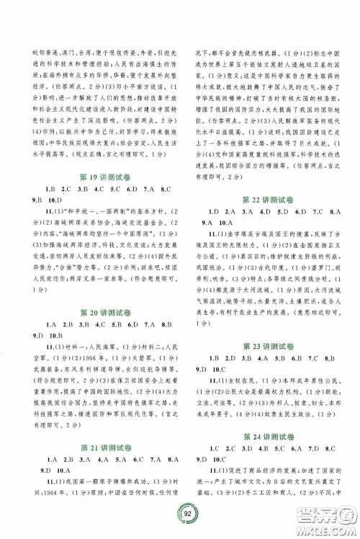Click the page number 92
pos(181,514)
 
